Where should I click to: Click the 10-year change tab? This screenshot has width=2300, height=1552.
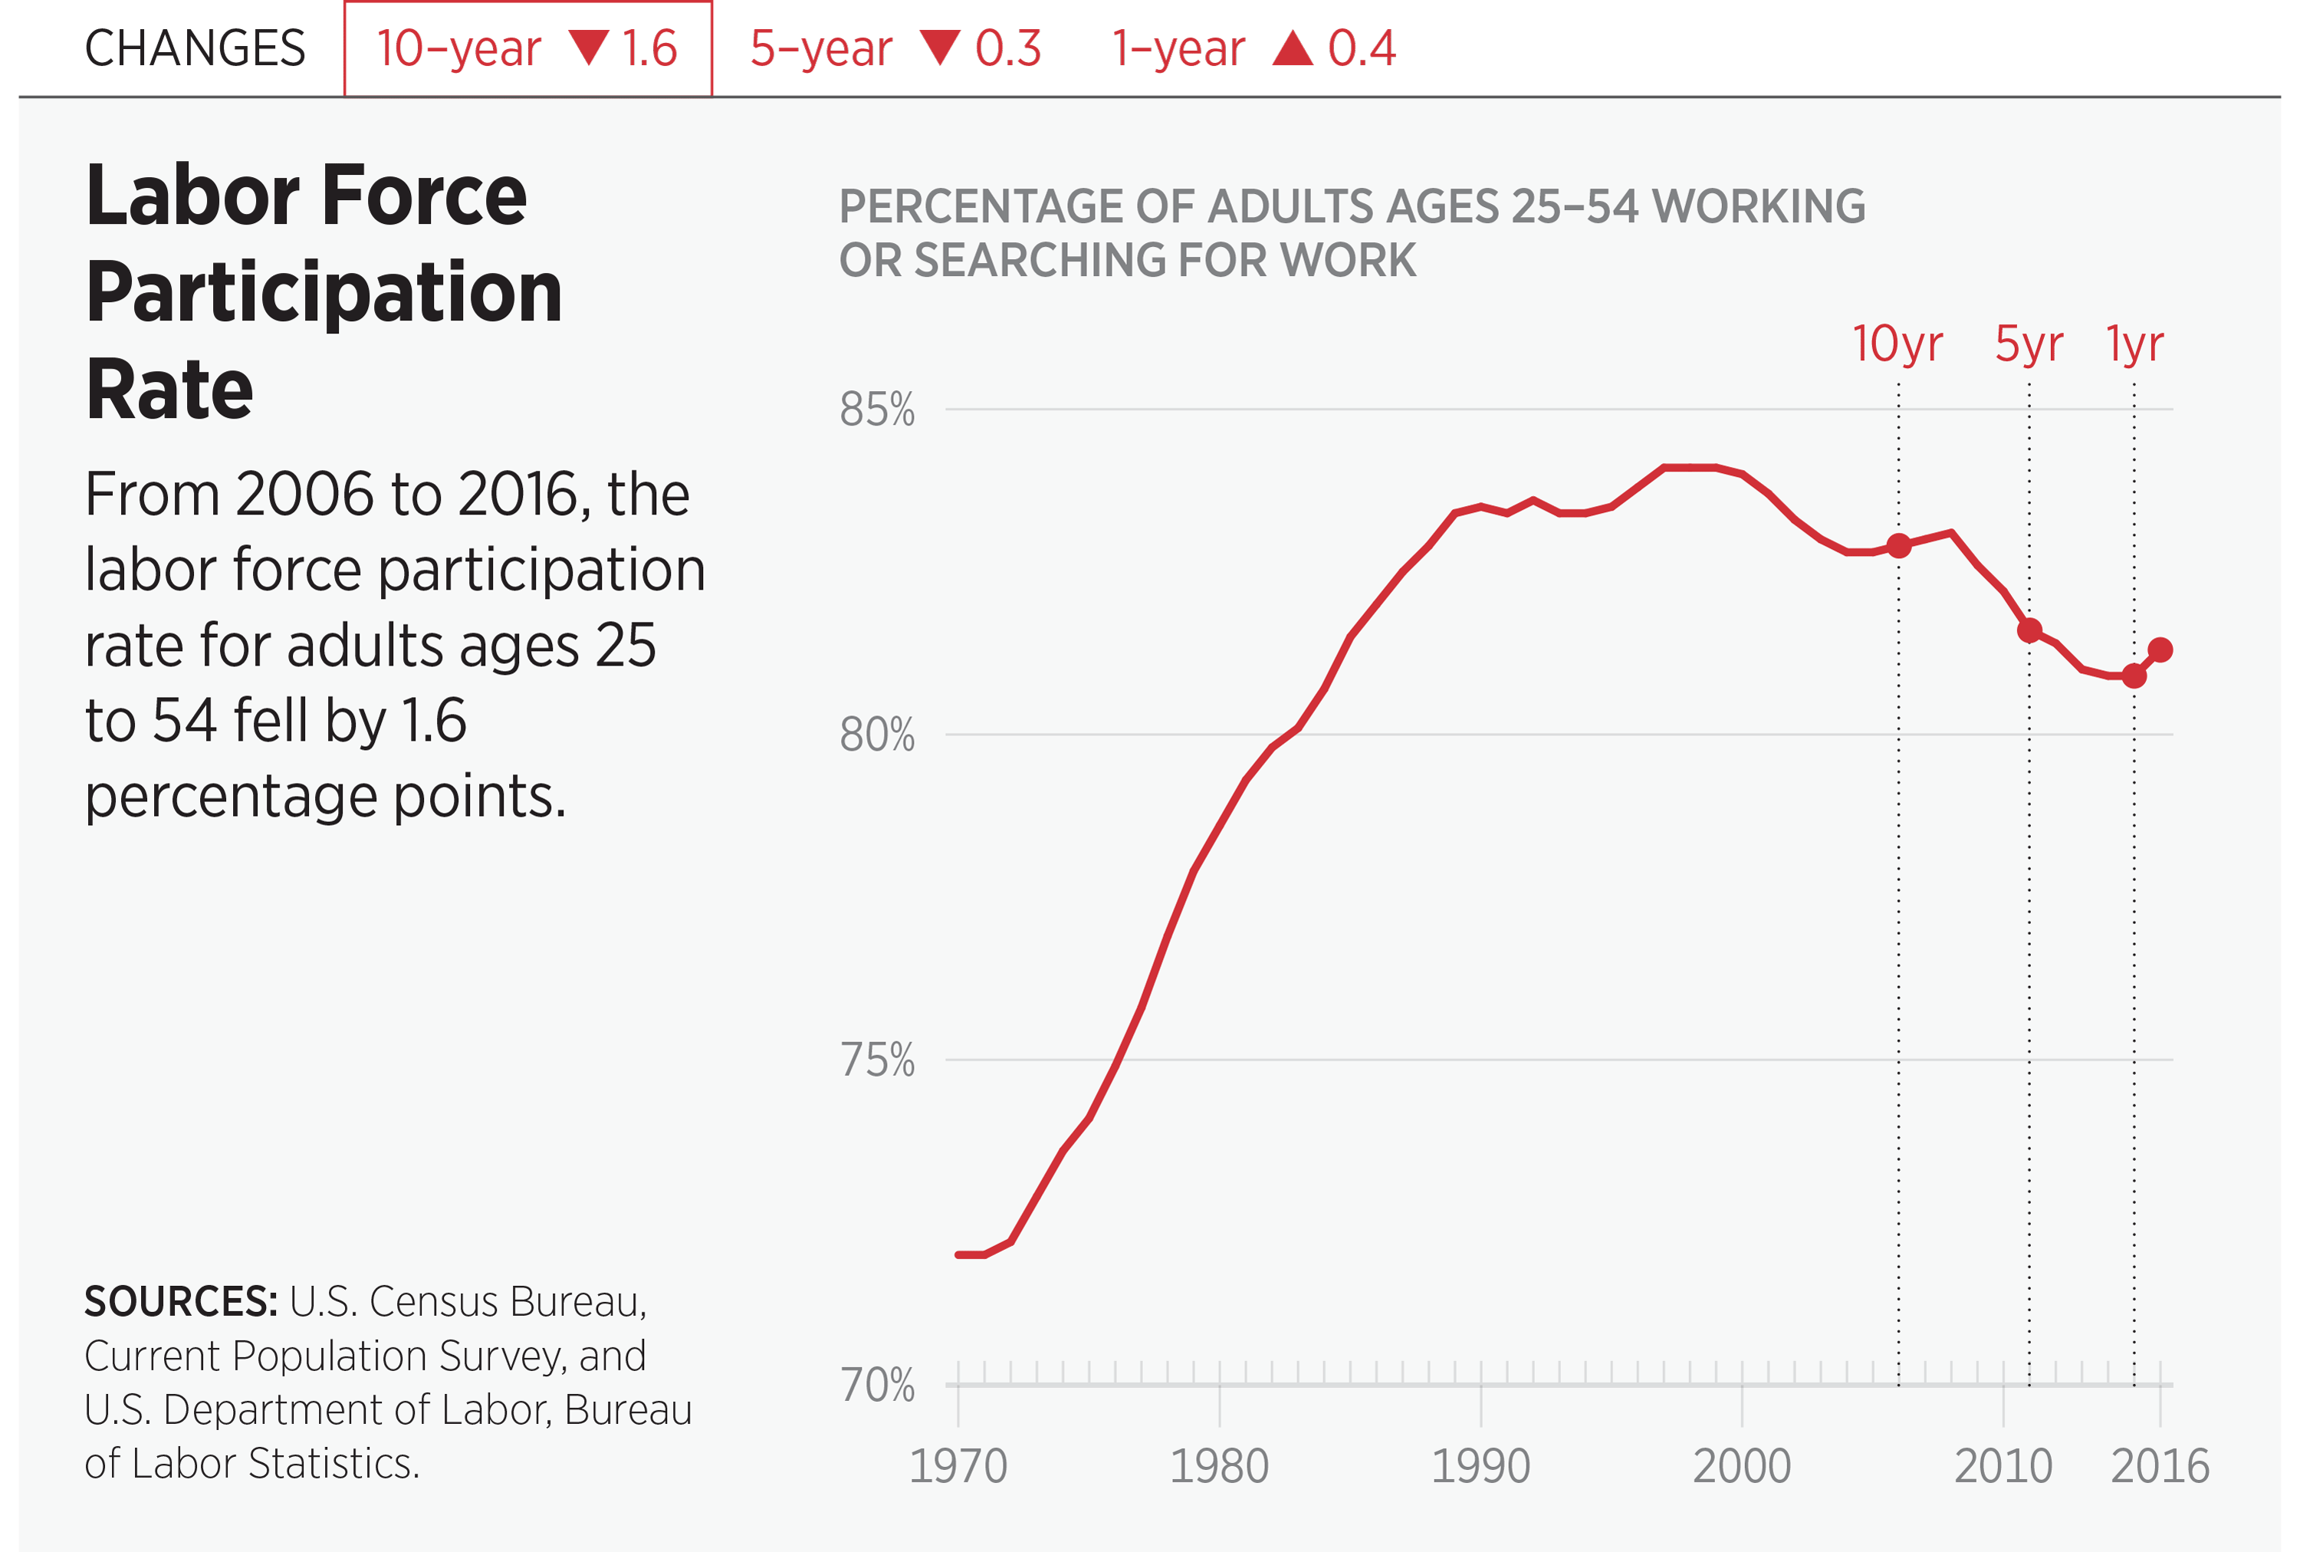click(527, 48)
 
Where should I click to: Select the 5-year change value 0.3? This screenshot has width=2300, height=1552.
click(1007, 48)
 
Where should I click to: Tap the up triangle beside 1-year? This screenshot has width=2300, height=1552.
click(1293, 48)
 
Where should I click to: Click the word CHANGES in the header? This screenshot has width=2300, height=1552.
click(195, 48)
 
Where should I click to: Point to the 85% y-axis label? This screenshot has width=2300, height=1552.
click(877, 409)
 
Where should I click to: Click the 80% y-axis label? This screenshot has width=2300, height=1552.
click(877, 735)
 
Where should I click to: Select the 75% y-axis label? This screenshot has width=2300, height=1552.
click(877, 1060)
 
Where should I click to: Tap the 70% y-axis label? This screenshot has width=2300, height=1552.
click(877, 1385)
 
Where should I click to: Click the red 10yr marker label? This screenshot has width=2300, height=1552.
click(1898, 344)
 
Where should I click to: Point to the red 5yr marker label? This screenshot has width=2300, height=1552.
click(2029, 344)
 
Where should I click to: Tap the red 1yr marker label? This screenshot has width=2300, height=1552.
click(2134, 344)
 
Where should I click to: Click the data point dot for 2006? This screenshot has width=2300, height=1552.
click(1898, 545)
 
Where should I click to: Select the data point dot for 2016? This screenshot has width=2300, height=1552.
click(2160, 650)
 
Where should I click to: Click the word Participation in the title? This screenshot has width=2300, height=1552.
click(324, 292)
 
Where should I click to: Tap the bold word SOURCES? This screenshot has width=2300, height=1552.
click(180, 1301)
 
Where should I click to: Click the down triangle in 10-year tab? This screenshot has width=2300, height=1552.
click(589, 48)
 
